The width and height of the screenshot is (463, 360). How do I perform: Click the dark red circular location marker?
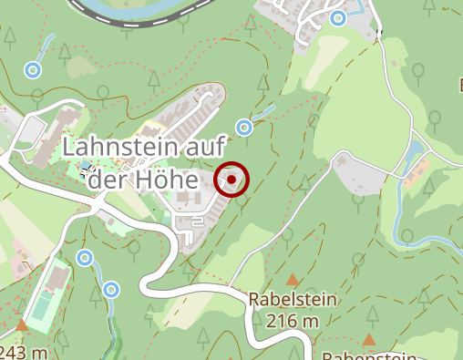click(x=232, y=180)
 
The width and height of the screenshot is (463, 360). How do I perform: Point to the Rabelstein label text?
click(x=293, y=299)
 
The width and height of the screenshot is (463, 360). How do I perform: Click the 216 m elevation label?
click(x=293, y=320)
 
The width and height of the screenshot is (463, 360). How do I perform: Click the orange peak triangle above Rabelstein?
click(x=293, y=279)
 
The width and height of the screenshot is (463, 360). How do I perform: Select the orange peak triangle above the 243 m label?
click(x=21, y=324)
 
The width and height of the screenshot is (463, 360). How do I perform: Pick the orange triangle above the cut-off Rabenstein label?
click(x=369, y=340)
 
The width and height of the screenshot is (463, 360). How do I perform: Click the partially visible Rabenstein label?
click(x=369, y=356)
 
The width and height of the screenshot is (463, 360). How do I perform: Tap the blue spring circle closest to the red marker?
click(x=244, y=127)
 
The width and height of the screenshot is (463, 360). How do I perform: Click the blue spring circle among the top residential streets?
click(x=339, y=17)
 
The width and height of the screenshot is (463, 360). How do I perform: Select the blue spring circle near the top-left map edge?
click(x=34, y=69)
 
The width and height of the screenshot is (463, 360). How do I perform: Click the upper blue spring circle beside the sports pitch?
click(x=85, y=258)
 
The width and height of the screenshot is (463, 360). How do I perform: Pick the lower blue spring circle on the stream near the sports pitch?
click(x=111, y=291)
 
